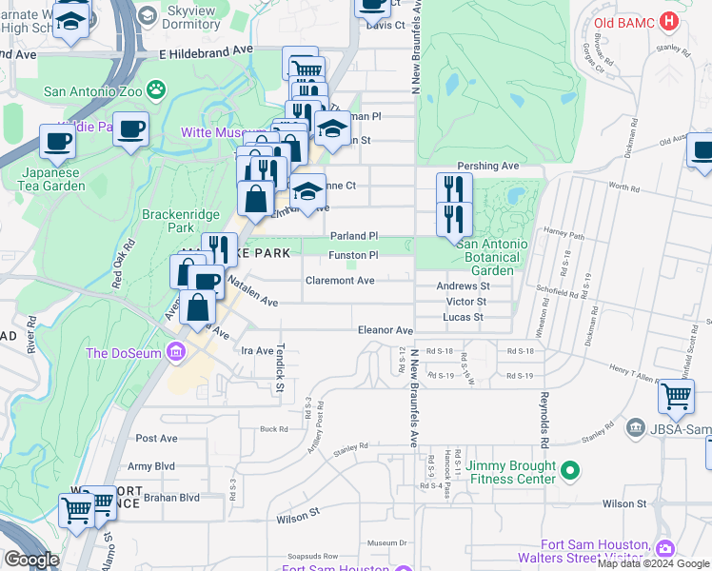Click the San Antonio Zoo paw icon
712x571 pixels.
tap(155, 91)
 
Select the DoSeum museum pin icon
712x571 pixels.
tap(174, 354)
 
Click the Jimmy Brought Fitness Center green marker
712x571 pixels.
tap(570, 469)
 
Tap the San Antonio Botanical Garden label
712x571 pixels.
tap(491, 257)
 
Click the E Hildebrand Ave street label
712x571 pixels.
tap(207, 49)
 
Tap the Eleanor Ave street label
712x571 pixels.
tap(385, 330)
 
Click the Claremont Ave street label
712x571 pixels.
tap(340, 281)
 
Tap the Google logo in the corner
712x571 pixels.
tap(30, 560)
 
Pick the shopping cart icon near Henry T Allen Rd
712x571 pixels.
tap(676, 395)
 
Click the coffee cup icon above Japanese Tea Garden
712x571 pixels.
tap(57, 142)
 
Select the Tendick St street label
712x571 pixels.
tap(280, 367)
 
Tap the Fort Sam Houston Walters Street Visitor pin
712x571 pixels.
tap(664, 549)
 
